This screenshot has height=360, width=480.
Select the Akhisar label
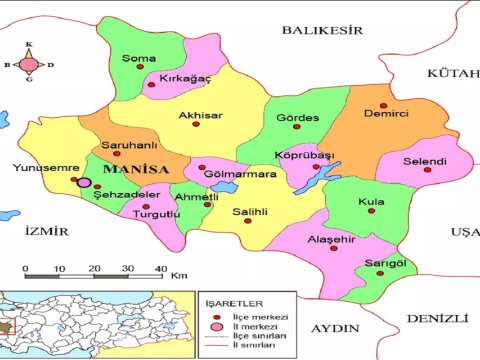coord(200,116)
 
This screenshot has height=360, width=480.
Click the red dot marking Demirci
coord(383,105)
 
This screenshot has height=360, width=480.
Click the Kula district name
coord(371,202)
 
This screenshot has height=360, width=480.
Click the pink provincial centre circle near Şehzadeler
coord(85,183)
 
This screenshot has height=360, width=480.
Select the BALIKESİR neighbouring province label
coord(320,31)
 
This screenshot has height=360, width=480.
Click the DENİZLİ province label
coord(437,318)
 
